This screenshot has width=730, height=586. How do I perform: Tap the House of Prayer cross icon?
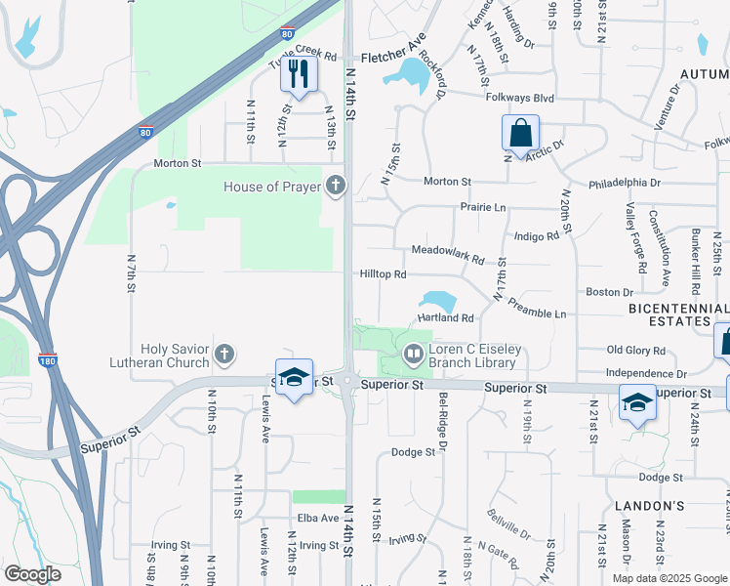point(335,185)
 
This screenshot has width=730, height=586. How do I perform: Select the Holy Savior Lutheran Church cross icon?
point(224,354)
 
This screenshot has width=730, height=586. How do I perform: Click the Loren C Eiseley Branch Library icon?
point(414,354)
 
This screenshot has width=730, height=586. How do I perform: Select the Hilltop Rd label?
point(383,275)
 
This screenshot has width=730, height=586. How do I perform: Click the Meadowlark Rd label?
point(448,254)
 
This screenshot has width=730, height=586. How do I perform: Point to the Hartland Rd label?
point(445,318)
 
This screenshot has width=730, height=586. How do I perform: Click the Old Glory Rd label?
point(635,350)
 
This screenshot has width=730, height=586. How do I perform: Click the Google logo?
point(32,574)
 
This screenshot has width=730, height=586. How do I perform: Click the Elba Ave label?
point(318,518)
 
